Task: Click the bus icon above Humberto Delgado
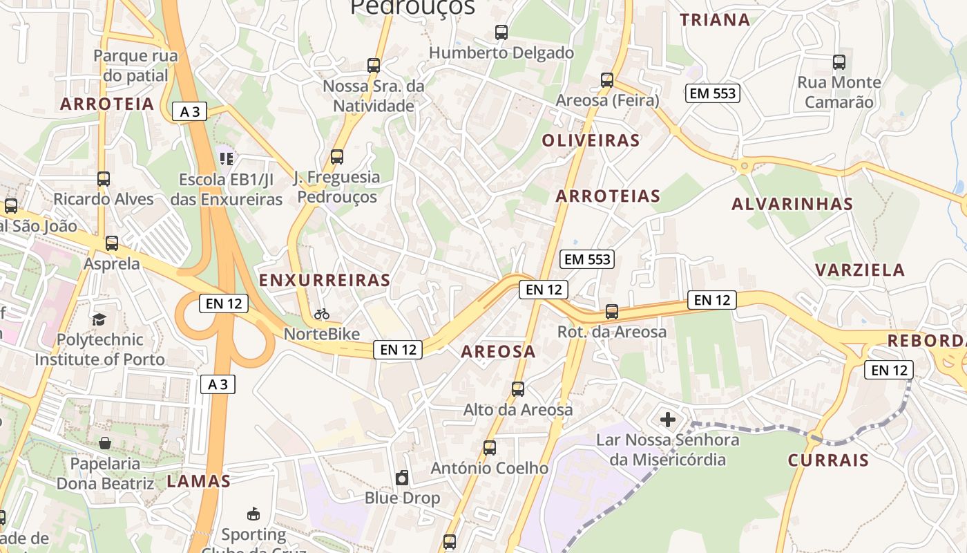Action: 501,32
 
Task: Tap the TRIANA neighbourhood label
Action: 715,19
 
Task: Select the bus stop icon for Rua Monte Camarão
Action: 839,62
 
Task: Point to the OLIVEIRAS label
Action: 591,140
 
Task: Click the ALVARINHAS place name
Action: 792,204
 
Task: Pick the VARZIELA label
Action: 860,270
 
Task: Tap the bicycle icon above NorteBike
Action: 322,314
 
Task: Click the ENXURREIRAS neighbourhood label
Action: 325,280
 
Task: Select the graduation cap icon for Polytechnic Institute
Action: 99,319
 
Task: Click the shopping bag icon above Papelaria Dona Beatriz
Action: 105,442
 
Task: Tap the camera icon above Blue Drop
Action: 402,477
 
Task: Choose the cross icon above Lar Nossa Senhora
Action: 668,419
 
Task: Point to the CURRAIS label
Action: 828,460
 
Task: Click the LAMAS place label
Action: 198,482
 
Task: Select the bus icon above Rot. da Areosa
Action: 612,312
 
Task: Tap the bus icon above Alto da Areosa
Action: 518,389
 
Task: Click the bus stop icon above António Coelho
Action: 490,448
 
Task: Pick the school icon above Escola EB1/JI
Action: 227,159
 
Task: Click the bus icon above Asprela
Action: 112,243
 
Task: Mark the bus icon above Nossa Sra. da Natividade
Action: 374,66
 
